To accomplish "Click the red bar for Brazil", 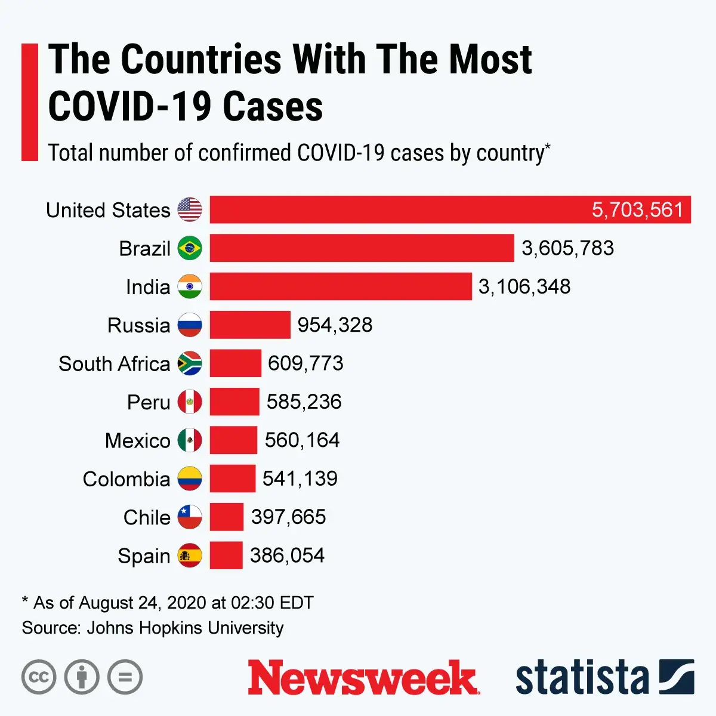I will click(362, 248).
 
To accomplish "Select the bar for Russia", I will click(250, 325).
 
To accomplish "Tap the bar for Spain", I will click(226, 555).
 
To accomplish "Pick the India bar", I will click(341, 286).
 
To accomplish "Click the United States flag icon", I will click(190, 210).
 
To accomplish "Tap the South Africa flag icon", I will click(190, 363).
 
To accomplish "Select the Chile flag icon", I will click(190, 517).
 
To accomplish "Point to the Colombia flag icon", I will click(190, 479).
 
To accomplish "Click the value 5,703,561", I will click(637, 210).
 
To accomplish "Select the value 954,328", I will click(335, 325).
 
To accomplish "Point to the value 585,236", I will click(304, 402).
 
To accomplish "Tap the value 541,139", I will click(300, 479).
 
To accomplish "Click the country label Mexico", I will click(138, 441).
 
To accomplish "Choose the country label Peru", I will click(149, 402).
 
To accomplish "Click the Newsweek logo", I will click(363, 678).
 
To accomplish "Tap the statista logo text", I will click(582, 678).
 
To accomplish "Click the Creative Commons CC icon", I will click(39, 677).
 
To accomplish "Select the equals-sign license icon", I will click(125, 677).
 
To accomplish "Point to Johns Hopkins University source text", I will click(185, 628).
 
